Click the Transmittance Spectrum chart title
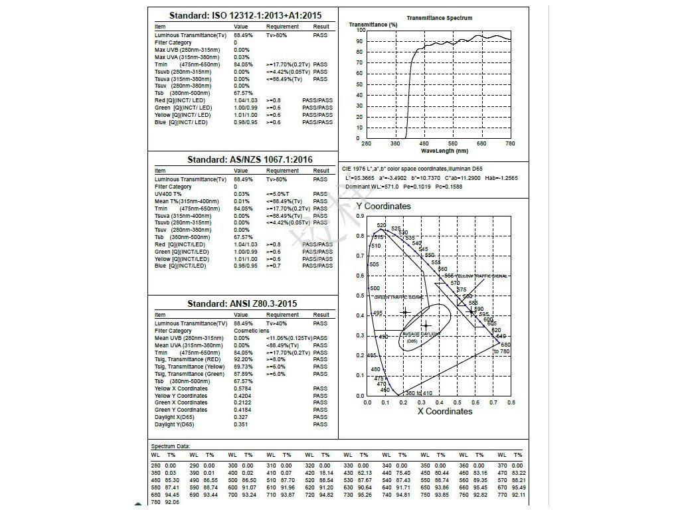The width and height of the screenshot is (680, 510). pos(439,18)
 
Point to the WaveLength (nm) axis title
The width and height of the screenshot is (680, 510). pos(435,151)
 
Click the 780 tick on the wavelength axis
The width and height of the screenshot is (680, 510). pos(510,143)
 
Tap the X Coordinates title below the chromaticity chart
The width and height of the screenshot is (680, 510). pos(444,411)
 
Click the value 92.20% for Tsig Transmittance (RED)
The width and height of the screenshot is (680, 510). pos(244,359)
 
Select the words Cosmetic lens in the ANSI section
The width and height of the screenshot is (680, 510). pos(251,331)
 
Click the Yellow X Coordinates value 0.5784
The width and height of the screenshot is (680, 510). pos(242,388)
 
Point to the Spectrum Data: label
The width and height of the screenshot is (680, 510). pos(170,446)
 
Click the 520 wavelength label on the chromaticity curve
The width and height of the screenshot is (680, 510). pos(381,226)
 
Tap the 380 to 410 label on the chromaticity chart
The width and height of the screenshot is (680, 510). pos(418,393)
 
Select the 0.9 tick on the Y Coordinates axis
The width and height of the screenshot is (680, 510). pos(360,216)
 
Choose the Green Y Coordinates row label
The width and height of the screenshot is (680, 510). pos(181,410)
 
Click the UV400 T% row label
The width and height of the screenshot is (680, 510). pos(168,194)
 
